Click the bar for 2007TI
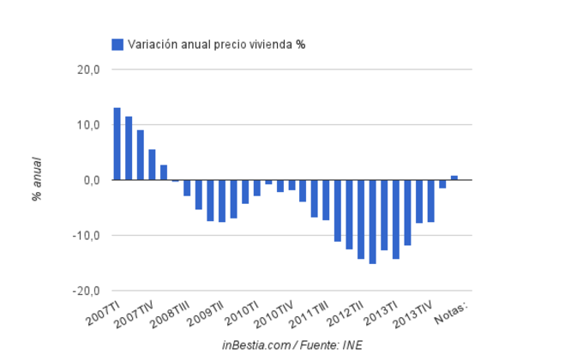click(x=117, y=144)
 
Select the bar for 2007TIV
click(x=152, y=165)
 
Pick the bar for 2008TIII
click(x=187, y=188)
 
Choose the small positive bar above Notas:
click(x=454, y=177)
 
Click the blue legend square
click(x=117, y=45)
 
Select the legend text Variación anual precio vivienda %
click(x=216, y=45)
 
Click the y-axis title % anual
click(x=38, y=180)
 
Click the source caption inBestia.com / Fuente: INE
click(x=291, y=345)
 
